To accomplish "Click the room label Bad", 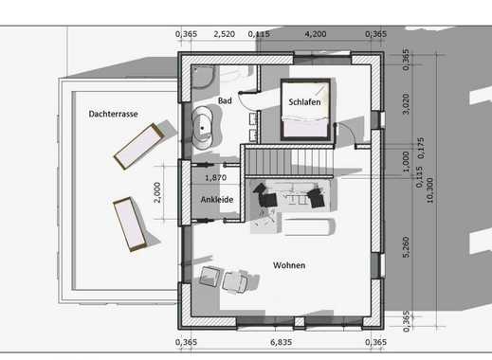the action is (225, 100).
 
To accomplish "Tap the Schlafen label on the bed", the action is (304, 102).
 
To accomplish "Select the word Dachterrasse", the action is (113, 114).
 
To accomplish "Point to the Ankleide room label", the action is (217, 200).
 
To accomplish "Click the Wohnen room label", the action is (289, 265).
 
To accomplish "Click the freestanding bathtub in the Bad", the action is (202, 128).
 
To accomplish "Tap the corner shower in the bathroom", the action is (204, 77).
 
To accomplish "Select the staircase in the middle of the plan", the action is (289, 161).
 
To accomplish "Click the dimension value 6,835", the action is (282, 342).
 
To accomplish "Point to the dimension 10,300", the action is (429, 190).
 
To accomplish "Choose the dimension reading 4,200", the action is (316, 34).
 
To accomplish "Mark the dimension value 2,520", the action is (224, 34).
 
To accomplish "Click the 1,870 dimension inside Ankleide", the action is (216, 178).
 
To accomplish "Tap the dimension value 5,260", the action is (407, 247).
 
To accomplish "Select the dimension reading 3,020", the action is (407, 103).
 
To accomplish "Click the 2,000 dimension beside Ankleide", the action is (157, 192).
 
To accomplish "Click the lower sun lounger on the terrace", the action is (130, 225).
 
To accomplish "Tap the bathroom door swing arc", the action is (247, 101).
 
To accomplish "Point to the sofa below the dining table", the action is (308, 226).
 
